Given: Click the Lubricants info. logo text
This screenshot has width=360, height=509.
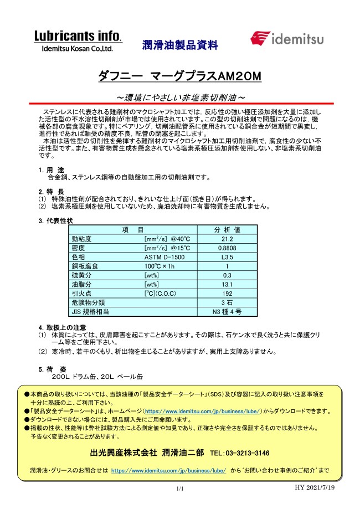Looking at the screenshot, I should point(78,37).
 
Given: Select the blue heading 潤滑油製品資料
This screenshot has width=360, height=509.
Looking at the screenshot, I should point(180,44).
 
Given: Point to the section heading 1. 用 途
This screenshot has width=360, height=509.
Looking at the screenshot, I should point(51,169).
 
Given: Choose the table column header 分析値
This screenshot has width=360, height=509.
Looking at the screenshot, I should point(227,229).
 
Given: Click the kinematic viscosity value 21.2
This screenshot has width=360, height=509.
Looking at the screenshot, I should point(227,239).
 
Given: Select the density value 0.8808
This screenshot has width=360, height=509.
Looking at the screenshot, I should point(227,248).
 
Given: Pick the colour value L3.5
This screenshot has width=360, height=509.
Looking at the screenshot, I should point(227,257).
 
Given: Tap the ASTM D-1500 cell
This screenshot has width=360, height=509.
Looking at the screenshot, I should point(161,257).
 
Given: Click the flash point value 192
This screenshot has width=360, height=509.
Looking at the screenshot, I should point(227,293).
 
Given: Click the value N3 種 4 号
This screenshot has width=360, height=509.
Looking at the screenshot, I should point(227,311).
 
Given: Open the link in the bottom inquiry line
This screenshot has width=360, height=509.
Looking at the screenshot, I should point(168,470).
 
